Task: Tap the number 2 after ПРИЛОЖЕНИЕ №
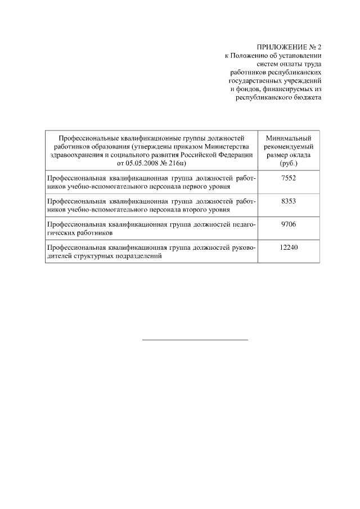(318, 47)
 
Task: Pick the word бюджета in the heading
(307, 97)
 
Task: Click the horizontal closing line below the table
(195, 340)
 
